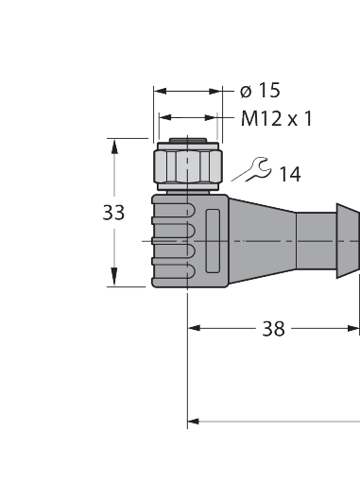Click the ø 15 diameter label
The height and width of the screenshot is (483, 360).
(x=261, y=91)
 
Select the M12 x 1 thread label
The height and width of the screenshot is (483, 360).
(x=276, y=119)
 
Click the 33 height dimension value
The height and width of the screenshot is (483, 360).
(x=113, y=213)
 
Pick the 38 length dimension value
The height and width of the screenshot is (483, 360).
(x=273, y=329)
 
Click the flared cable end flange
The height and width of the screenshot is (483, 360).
(x=348, y=242)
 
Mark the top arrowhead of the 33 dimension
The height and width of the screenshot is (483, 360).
(x=114, y=147)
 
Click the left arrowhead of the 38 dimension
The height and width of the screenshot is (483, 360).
(x=196, y=329)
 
